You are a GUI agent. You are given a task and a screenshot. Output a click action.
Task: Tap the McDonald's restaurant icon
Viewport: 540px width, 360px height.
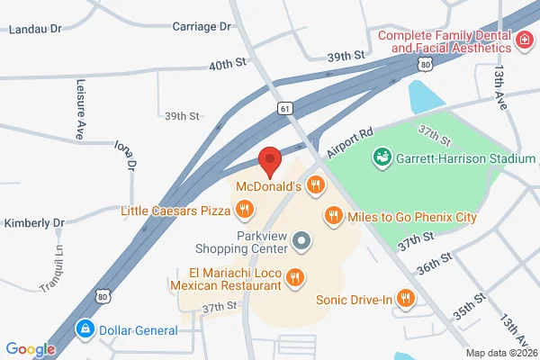tap(314, 186)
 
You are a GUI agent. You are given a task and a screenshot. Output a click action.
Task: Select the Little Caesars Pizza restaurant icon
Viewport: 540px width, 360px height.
tap(244, 211)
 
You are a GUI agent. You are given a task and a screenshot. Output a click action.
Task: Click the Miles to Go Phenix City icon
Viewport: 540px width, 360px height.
tap(332, 216)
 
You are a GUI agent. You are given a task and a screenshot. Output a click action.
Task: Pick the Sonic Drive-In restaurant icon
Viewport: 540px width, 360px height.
tap(406, 299)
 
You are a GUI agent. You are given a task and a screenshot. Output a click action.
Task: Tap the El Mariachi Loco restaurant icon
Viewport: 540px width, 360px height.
tap(292, 279)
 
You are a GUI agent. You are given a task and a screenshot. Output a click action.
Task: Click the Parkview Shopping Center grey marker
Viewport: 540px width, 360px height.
tap(301, 241)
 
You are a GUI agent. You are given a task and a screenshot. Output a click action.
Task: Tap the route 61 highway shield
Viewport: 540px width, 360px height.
tap(284, 108)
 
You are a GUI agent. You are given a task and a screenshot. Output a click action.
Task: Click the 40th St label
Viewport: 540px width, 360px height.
tap(227, 65)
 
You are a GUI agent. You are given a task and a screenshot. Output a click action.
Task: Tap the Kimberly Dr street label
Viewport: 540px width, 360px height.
tap(34, 222)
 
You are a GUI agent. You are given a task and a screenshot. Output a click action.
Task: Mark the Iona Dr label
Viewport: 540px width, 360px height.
tap(125, 155)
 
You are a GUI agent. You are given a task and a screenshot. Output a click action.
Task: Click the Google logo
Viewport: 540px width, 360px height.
tap(31, 349)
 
